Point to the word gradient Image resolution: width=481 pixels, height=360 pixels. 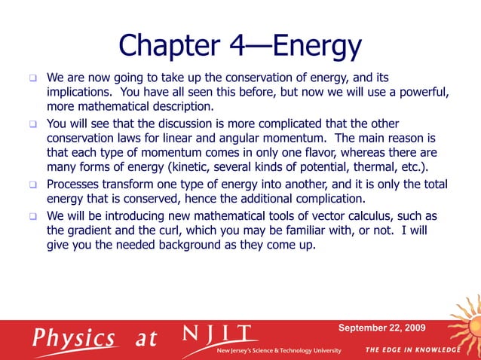tap(91, 230)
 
